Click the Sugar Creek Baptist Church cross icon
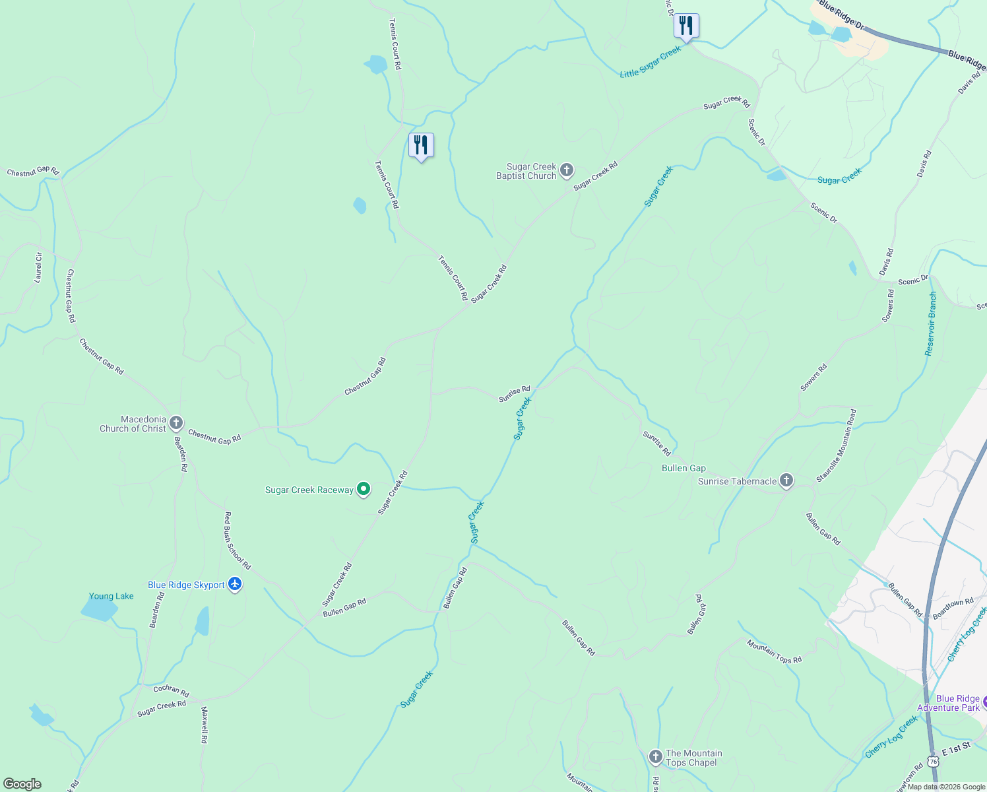(566, 171)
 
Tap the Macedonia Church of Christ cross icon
(175, 423)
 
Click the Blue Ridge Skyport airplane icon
(235, 584)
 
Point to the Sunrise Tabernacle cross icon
(786, 480)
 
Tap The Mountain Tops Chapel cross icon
(655, 757)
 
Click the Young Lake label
(111, 596)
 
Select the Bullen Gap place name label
(684, 468)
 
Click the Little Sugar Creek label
(650, 62)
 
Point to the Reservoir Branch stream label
(931, 324)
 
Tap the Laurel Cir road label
(38, 268)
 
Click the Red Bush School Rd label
(238, 541)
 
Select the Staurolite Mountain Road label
(836, 445)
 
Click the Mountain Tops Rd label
(774, 651)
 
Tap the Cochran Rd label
(172, 690)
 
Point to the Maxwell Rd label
(205, 725)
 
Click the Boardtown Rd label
(953, 607)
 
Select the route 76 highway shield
(933, 761)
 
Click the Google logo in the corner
(22, 784)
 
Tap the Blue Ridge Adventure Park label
(957, 703)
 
